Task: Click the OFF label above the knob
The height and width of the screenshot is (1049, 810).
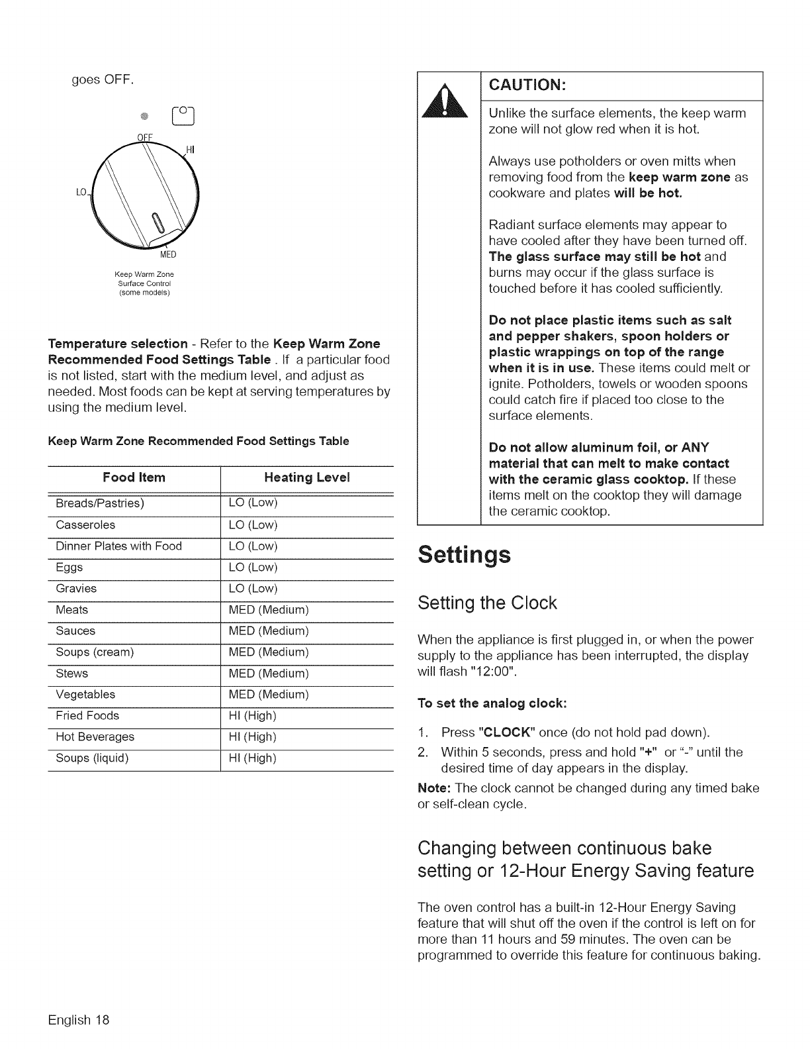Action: point(145,138)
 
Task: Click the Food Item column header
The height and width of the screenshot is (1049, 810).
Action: point(134,477)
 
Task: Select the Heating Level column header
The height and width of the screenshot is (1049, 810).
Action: point(306,477)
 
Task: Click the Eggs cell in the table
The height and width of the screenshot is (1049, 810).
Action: point(69,568)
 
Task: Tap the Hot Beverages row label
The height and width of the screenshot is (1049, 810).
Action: point(95,737)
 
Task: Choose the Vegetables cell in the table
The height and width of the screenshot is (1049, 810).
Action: point(85,695)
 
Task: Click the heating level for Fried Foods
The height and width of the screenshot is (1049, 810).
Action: point(252,716)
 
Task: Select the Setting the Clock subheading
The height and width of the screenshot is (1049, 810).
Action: point(488,603)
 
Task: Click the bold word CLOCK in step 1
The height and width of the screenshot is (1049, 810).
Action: point(506,733)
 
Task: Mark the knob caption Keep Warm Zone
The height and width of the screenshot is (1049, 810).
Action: point(144,274)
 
